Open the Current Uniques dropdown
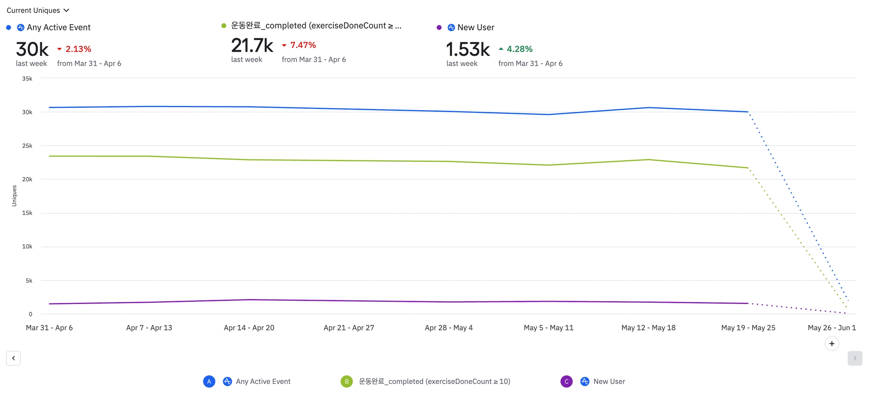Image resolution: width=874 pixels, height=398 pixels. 38,10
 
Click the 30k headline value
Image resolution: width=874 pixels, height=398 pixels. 32,50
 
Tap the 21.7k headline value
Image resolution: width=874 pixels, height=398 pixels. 252,45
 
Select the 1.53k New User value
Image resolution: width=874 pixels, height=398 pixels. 468,50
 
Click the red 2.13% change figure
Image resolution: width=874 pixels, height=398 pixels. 78,49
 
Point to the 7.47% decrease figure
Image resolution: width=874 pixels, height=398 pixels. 303,45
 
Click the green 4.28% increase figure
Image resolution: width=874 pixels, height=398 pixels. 519,49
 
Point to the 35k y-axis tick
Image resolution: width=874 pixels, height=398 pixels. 27,79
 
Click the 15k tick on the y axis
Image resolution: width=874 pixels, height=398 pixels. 27,213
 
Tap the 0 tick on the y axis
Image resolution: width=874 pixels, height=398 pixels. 30,314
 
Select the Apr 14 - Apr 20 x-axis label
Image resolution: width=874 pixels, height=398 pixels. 249,328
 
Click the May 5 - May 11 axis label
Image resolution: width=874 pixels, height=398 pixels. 548,328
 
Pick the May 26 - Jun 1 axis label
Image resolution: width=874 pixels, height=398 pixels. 831,328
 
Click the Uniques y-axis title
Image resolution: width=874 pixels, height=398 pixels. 14,196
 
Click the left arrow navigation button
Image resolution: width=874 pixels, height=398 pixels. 14,358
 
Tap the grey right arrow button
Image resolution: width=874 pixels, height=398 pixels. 854,358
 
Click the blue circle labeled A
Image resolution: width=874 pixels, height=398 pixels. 209,381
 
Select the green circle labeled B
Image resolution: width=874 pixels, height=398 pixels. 347,381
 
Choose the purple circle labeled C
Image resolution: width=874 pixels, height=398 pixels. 566,381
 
